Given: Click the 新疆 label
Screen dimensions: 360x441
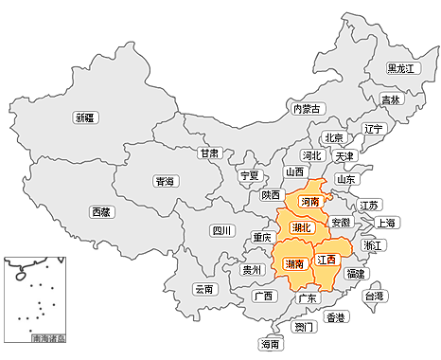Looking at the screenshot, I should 86,118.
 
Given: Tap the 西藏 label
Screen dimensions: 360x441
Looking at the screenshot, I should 101,212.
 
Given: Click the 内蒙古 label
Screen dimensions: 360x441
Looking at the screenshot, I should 307,109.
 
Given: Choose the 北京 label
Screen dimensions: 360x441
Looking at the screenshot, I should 333,138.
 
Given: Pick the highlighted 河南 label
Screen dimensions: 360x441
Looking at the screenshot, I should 309,203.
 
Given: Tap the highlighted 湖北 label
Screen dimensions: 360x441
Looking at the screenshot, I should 302,227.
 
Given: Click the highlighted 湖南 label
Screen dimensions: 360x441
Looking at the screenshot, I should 294,264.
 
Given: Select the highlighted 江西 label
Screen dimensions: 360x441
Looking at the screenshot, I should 326,259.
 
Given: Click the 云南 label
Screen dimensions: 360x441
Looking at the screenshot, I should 204,290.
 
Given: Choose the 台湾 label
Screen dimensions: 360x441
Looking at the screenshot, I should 375,297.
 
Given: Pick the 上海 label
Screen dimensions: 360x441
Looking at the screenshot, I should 386,224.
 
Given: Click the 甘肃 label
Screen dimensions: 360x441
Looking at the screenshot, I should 210,153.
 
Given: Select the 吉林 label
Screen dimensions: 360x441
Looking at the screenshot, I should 391,99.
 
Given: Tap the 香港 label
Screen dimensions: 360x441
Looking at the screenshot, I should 336,317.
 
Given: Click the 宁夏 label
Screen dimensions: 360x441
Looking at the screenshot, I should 249,175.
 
